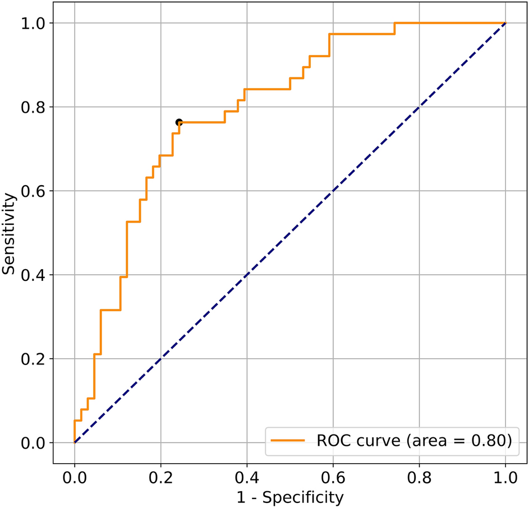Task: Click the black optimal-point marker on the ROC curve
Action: pos(179,122)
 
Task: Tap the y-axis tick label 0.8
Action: pos(34,107)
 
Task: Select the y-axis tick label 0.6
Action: pos(34,191)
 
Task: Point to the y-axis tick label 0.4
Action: pos(34,275)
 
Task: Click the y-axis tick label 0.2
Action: pos(34,359)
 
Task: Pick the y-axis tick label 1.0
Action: pos(34,24)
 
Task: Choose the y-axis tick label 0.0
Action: pos(34,443)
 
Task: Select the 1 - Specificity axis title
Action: pos(290,497)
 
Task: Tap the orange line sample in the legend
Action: pos(288,441)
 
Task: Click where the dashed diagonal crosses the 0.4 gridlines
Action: pos(247,275)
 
